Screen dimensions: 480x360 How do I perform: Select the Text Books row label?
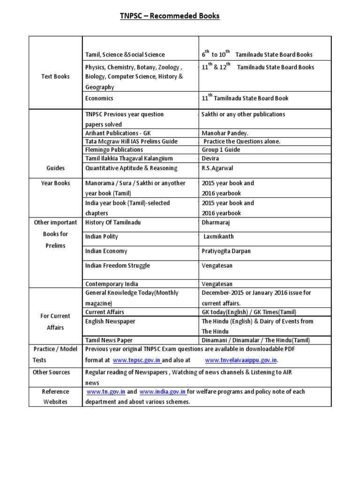tap(55, 76)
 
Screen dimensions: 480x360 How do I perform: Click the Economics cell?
tap(99, 98)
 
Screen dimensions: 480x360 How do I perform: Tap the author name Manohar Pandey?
tap(222, 133)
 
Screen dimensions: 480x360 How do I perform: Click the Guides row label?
tap(55, 168)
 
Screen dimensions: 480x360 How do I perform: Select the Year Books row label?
tap(55, 183)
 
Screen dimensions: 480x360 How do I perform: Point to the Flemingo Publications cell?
tap(114, 150)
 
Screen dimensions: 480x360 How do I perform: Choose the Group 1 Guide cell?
tap(221, 150)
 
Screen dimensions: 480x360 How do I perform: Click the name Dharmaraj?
tap(216, 222)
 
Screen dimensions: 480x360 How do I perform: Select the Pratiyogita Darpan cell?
tap(226, 251)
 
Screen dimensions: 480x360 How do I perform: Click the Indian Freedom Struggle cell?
tap(118, 266)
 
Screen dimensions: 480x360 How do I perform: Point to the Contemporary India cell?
tap(112, 284)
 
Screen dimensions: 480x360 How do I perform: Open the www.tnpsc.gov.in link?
tap(136, 360)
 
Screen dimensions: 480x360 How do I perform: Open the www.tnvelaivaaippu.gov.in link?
tap(241, 360)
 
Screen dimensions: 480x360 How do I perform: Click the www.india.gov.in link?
tap(163, 392)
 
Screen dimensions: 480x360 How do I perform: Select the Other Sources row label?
tap(52, 372)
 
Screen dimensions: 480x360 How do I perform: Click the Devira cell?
tap(211, 159)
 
